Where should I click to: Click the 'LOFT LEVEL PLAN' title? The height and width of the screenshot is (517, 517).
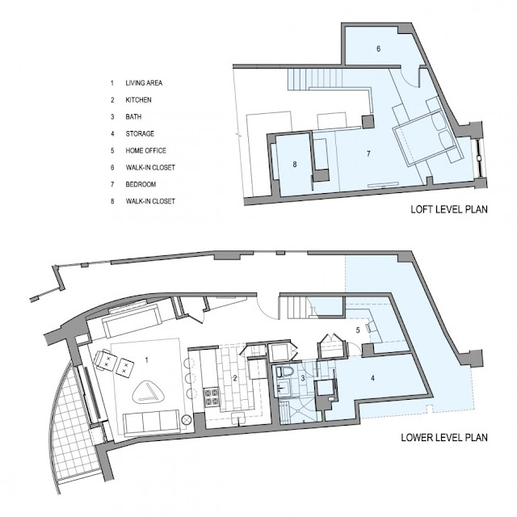tap(449, 209)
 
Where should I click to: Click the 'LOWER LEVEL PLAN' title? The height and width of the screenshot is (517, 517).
tap(444, 438)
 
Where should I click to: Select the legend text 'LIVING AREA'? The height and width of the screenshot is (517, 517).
tap(144, 82)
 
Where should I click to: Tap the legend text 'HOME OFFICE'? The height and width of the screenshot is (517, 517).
tap(145, 151)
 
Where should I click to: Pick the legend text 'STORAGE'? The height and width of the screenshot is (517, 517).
tap(140, 133)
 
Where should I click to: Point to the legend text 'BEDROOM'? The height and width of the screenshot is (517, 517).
tap(141, 184)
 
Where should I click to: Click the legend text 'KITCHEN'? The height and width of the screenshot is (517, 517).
tap(138, 99)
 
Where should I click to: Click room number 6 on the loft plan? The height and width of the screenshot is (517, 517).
tap(379, 48)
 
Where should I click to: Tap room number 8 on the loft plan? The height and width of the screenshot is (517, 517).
tap(295, 164)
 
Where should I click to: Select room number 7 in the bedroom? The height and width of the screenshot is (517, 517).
tap(368, 153)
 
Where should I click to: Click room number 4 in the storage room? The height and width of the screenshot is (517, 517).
tap(372, 378)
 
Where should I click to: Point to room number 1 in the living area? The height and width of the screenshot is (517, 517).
tap(147, 360)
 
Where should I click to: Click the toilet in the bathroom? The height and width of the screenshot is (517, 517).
tap(285, 372)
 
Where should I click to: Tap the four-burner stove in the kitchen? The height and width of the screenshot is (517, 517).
tap(212, 397)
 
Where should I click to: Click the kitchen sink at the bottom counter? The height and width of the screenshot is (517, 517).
tap(237, 418)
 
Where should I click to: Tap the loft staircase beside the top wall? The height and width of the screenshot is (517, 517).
tap(315, 78)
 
